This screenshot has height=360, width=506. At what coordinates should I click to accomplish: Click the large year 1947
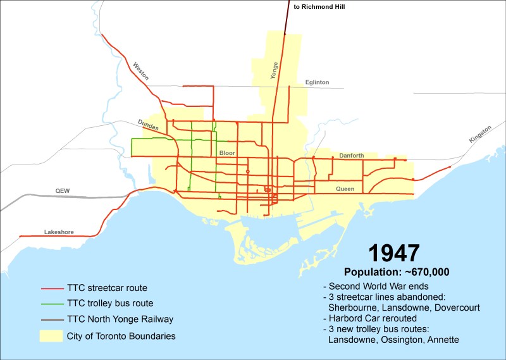393,252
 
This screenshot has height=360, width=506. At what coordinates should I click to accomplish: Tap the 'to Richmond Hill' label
321,8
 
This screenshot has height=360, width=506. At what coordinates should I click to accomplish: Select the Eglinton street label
317,82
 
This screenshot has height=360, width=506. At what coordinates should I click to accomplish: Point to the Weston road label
140,70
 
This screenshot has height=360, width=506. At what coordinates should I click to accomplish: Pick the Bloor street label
226,153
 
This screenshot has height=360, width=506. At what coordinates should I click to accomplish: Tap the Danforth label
352,155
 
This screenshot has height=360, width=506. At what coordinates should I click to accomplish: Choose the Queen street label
345,189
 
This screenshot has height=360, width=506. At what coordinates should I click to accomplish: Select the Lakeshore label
59,232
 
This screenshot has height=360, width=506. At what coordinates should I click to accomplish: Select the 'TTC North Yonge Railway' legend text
120,320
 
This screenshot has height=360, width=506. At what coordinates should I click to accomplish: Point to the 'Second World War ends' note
373,286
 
